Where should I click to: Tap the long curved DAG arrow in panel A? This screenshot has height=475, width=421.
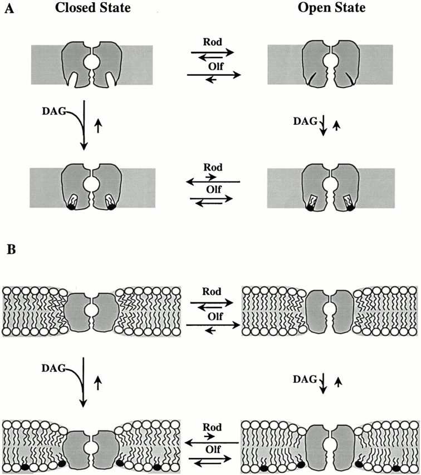coord(82,125)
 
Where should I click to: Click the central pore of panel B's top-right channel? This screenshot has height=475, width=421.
coord(331,309)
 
